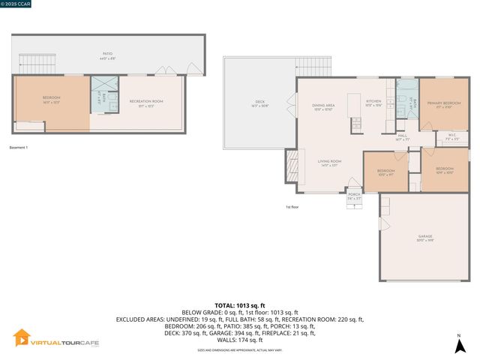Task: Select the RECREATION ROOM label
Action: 145,102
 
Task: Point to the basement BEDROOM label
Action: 51,98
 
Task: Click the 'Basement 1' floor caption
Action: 18,147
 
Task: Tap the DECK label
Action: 260,102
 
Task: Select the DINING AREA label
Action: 322,106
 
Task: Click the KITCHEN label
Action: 373,102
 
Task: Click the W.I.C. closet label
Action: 451,137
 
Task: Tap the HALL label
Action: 402,136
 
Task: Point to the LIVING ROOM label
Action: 329,162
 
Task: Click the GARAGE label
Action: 425,238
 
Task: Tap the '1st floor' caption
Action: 292,207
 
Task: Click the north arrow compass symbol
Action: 459,345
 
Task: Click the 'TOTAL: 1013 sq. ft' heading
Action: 240,306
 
